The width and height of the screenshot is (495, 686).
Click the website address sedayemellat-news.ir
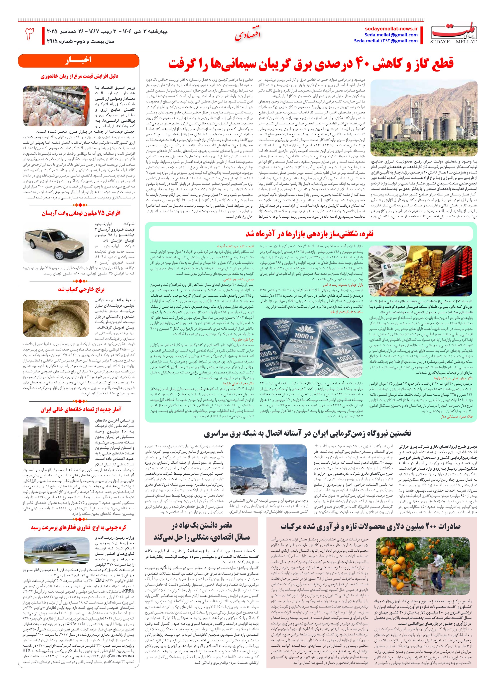391,29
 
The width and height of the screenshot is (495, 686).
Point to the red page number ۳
29,34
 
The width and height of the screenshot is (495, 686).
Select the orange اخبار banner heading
78,60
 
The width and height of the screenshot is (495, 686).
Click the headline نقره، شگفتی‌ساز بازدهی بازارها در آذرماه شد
309,234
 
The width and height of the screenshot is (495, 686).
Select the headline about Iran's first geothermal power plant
307,434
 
